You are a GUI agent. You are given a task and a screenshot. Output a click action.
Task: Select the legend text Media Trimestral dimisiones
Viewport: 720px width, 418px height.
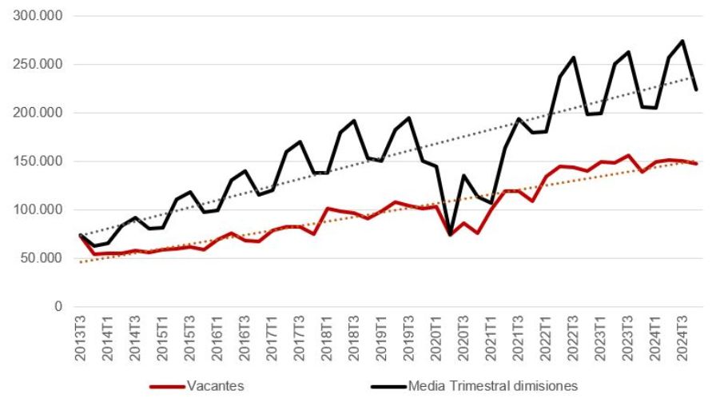coord(492,387)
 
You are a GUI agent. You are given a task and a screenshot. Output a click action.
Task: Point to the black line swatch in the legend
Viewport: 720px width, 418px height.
coord(388,387)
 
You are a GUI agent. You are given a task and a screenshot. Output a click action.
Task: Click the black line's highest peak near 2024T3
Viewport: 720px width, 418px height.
coord(682,41)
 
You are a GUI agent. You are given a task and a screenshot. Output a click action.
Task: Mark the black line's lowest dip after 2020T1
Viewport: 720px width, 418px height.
coord(450,234)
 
